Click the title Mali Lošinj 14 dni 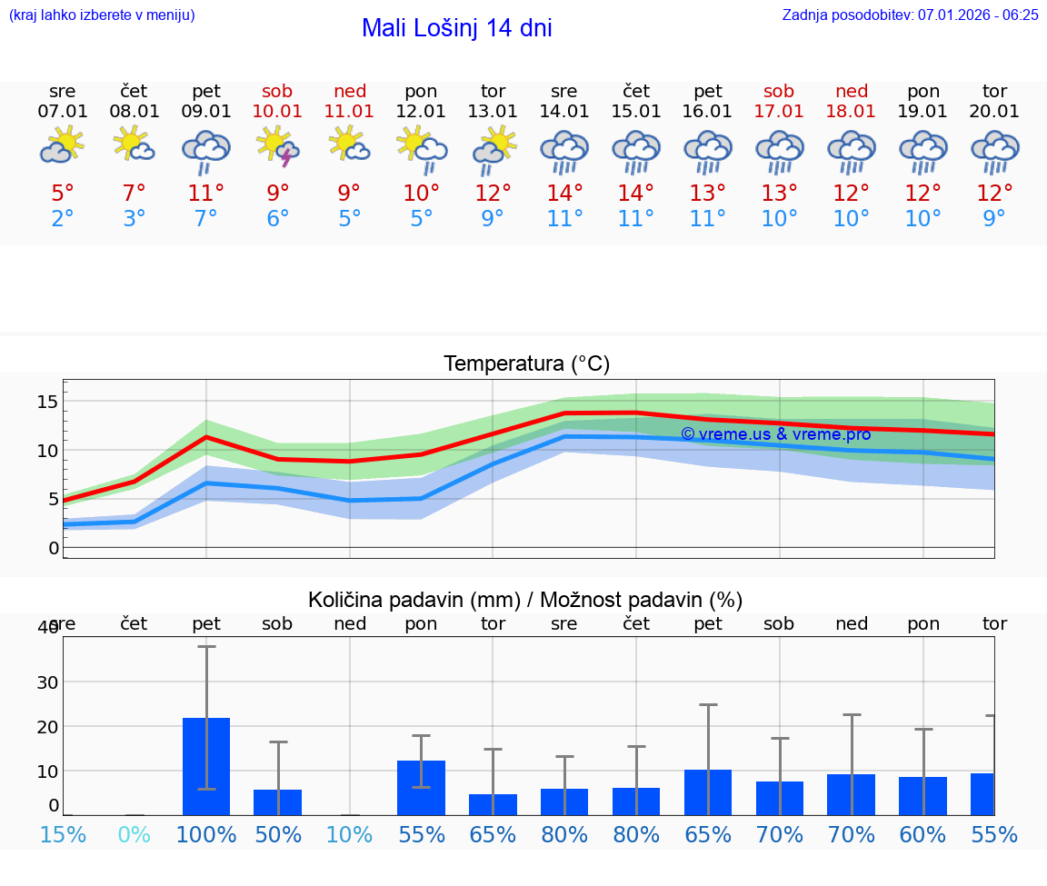coord(456,28)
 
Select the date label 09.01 coord(206,112)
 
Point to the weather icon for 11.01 coord(350,144)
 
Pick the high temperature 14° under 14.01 coord(564,194)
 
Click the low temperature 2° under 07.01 coord(63,219)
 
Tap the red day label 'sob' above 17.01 coord(779,91)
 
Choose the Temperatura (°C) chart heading coord(526,364)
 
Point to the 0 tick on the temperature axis coord(54,548)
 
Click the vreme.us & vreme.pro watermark coord(775,434)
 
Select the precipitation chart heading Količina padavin coord(525,600)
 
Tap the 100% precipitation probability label coord(206,834)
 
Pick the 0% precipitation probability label coord(135,834)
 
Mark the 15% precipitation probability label coord(63,834)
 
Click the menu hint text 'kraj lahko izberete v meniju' coord(101,15)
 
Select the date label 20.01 coord(994,112)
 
